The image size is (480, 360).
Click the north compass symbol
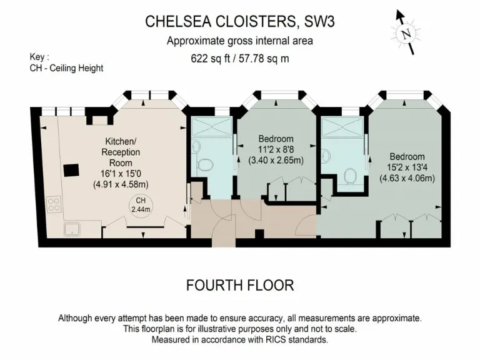click(x=406, y=32)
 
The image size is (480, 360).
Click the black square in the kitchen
click(x=71, y=170)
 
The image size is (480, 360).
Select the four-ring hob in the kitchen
click(x=54, y=205)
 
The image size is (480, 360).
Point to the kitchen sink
click(x=72, y=229)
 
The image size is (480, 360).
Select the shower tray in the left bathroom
click(x=211, y=126)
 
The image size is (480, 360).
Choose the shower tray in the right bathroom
click(x=342, y=127)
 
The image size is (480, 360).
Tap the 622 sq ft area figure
click(x=210, y=58)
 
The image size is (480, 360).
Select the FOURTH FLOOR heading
click(x=240, y=285)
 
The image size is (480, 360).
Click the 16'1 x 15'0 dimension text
click(x=121, y=174)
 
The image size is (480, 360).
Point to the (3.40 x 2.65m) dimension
click(x=276, y=160)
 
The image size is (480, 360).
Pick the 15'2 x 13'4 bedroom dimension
click(x=407, y=167)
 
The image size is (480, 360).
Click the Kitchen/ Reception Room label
click(x=121, y=152)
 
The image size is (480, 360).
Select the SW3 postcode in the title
click(x=319, y=22)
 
